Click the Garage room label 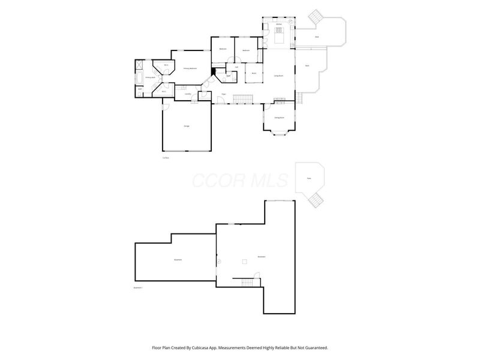[187, 126]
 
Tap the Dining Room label [279, 118]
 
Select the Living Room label [278, 76]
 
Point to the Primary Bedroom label [191, 69]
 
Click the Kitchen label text [279, 24]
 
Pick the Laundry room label [188, 94]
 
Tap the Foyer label [223, 94]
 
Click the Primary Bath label [150, 77]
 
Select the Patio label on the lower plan [309, 179]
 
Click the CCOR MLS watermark [240, 179]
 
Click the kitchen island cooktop [280, 33]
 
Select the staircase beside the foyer [241, 98]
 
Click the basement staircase [247, 282]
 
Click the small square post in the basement [244, 261]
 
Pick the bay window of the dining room [280, 133]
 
